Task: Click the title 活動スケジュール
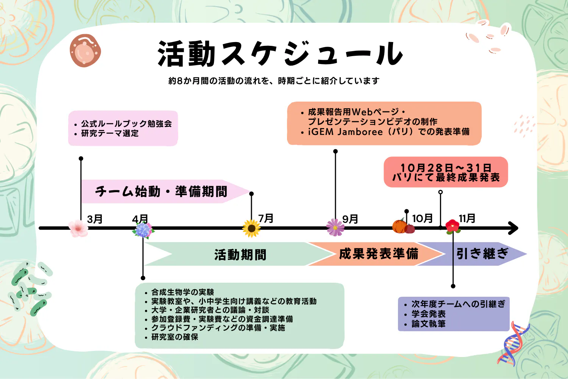click(280, 54)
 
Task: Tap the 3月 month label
click(95, 219)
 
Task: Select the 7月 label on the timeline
click(266, 218)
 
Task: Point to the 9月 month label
click(350, 219)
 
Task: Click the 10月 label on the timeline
click(422, 218)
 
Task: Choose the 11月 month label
click(467, 218)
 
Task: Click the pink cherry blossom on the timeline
click(78, 228)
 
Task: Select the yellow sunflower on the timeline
click(251, 228)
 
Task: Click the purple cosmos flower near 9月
click(335, 227)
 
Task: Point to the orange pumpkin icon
click(399, 226)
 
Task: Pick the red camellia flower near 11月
click(453, 226)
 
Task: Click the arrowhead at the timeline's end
click(514, 228)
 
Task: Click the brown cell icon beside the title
click(85, 51)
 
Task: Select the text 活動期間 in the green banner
click(240, 255)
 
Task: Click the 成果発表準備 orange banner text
click(378, 254)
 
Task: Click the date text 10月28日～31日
click(446, 168)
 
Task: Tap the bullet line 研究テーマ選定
click(110, 133)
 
